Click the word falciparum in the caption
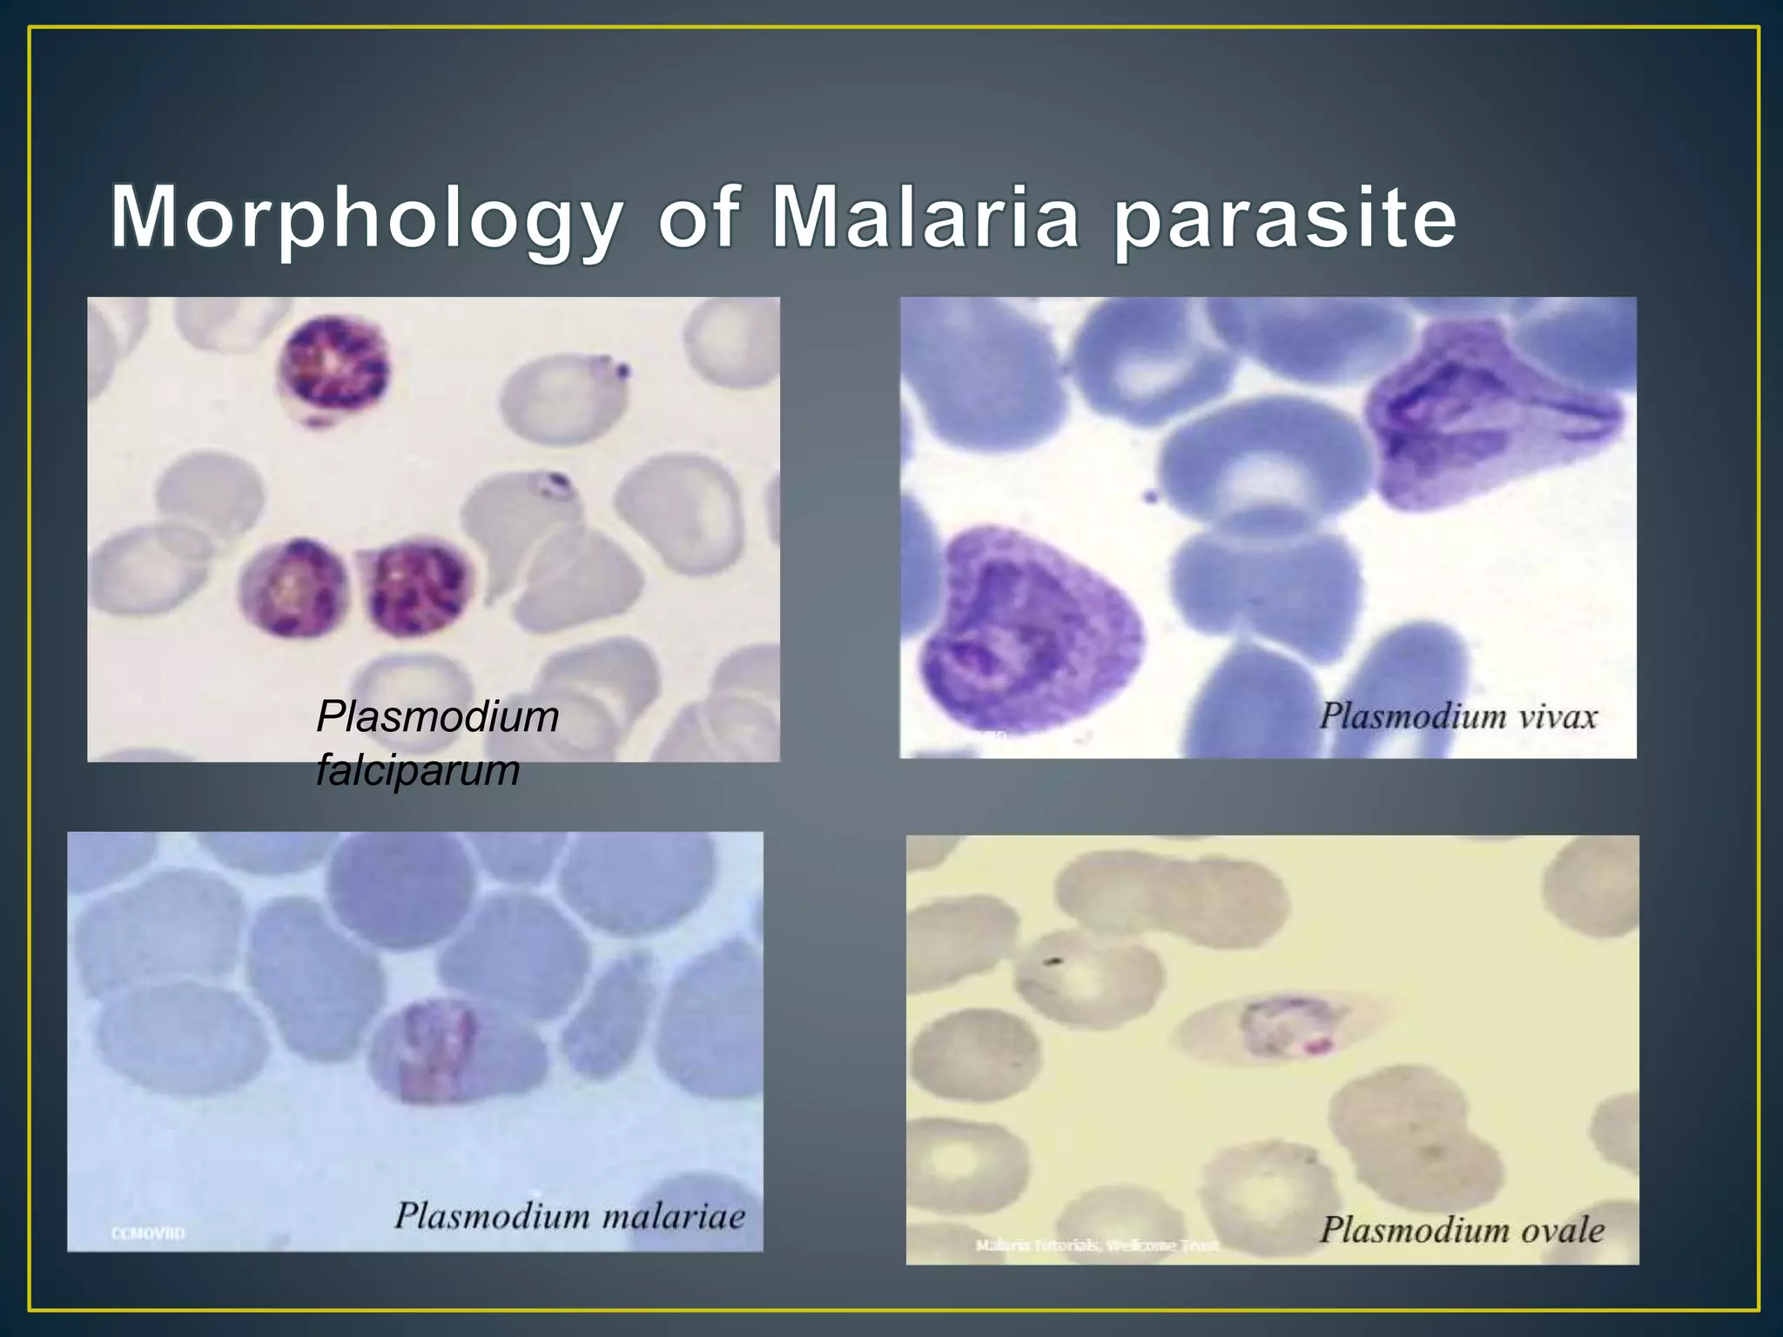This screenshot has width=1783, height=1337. (418, 770)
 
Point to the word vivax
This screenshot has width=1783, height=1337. (1558, 717)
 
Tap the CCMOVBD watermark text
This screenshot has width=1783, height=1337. (148, 1233)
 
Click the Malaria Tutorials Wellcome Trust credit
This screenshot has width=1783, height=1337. (1097, 1246)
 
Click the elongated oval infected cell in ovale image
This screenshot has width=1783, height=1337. (1280, 1030)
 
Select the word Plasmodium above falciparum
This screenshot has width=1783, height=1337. (437, 717)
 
